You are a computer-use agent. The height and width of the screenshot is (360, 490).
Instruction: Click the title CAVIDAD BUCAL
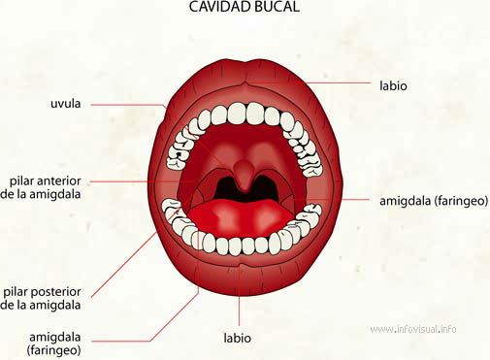click(244, 8)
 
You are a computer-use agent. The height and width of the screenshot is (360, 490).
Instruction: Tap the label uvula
click(67, 103)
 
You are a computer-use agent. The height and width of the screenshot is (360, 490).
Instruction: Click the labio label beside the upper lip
click(393, 85)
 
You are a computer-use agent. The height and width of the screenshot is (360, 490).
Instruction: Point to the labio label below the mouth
click(237, 339)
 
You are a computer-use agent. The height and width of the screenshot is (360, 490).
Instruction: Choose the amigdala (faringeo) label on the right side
click(434, 201)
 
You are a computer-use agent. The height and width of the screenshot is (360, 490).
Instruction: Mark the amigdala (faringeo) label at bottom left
click(56, 343)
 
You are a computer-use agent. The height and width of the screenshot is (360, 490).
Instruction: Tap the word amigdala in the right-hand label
click(406, 201)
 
